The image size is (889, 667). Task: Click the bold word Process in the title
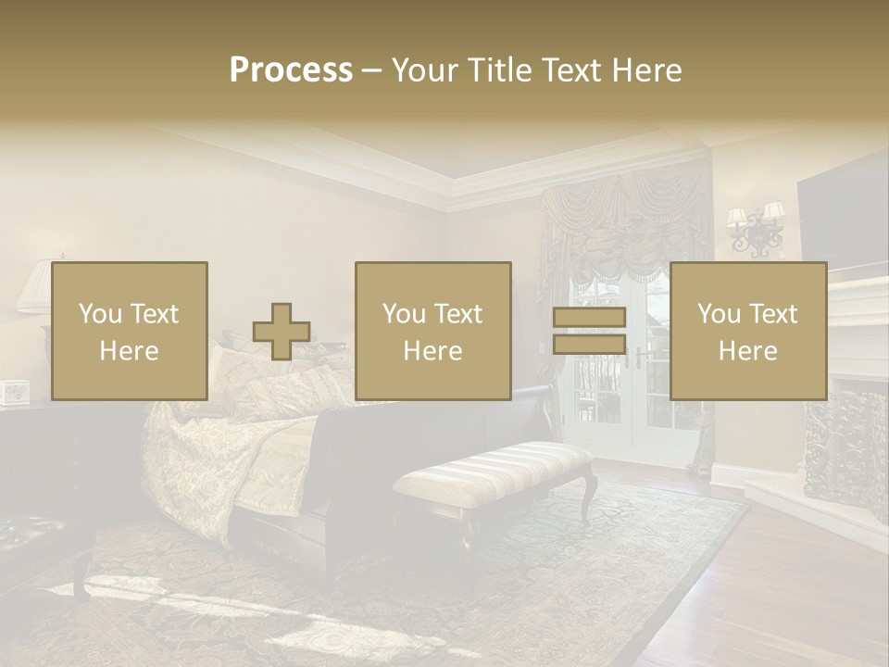291,69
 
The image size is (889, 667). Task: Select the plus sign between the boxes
282,331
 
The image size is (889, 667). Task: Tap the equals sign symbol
589,331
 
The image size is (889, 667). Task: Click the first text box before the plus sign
130,331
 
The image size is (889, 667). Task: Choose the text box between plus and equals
433,331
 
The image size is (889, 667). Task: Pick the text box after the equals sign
748,331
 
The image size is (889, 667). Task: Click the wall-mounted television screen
843,213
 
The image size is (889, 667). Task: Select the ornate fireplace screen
845,445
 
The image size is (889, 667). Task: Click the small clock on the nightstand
15,393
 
